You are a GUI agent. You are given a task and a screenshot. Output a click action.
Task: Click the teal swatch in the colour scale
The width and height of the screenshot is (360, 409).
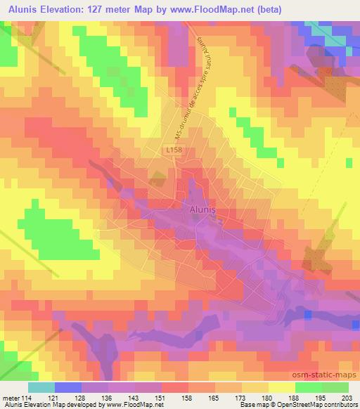coord(41,387)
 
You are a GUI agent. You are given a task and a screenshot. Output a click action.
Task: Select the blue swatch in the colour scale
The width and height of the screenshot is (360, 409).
coord(67,387)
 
